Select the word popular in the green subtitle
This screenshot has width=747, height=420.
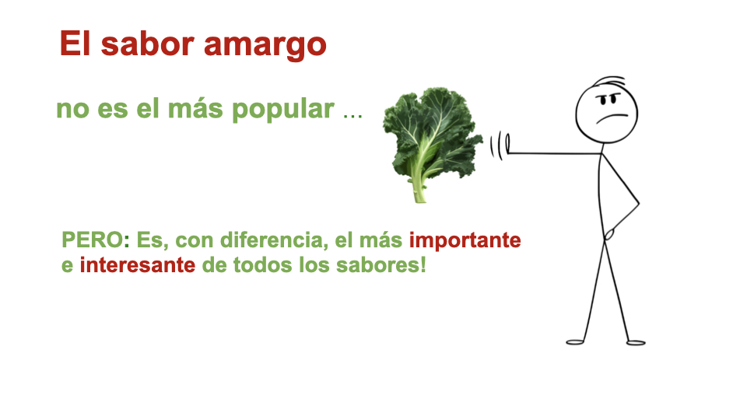pos(282,109)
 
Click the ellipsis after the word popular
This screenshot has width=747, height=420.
pos(352,114)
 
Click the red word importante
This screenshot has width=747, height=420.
pos(465,240)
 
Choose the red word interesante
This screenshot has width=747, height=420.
pos(137,265)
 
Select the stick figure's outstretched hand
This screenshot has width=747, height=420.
pos(506,145)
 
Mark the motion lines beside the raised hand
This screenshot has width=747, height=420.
pos(493,145)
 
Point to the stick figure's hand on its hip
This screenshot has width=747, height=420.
pos(612,233)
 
